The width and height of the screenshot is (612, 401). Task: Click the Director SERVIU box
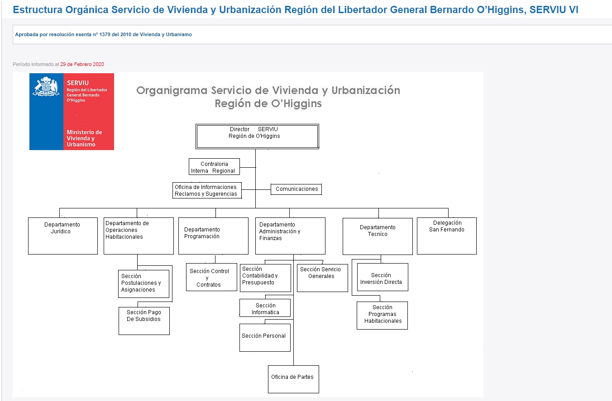[257, 137]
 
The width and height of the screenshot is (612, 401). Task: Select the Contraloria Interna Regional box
[214, 167]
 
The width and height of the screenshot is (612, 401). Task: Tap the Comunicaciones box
[296, 189]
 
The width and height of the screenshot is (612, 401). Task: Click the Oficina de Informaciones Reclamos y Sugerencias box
[207, 190]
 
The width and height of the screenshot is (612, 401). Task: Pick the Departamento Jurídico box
[63, 236]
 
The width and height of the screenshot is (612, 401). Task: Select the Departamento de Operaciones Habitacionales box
[139, 236]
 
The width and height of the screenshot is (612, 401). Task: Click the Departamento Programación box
[213, 236]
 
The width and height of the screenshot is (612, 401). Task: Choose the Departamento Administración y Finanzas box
[290, 236]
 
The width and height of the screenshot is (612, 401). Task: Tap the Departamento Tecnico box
[378, 236]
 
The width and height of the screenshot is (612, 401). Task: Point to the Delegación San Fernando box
[447, 236]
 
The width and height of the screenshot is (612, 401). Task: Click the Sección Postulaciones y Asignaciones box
[143, 284]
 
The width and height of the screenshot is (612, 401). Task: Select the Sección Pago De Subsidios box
[144, 321]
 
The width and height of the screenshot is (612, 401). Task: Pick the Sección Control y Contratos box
[211, 277]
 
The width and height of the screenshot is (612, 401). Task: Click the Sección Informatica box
[265, 308]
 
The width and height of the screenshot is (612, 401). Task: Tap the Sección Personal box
[265, 338]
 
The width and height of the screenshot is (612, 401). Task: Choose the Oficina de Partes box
[293, 379]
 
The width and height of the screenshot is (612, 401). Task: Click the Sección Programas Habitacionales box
[382, 316]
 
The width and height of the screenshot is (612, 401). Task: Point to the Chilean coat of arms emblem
[46, 87]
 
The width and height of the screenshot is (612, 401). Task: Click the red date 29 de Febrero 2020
[82, 64]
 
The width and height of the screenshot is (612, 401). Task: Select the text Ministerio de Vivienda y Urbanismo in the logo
[84, 138]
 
